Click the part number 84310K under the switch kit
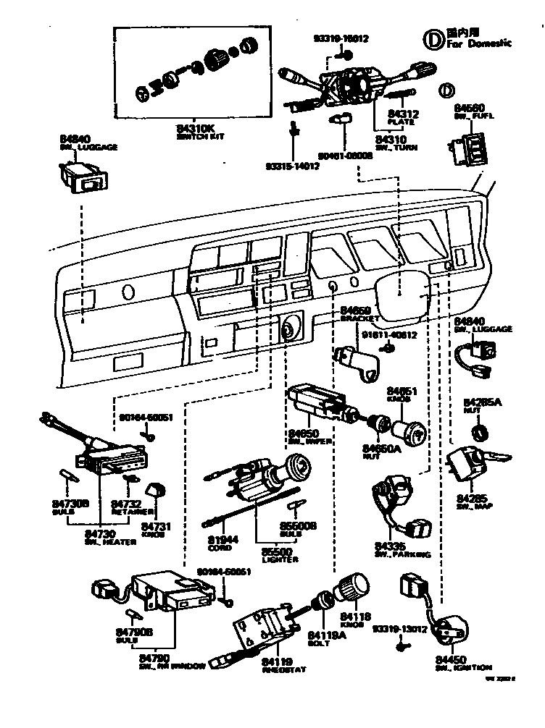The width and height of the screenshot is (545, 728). coord(196,129)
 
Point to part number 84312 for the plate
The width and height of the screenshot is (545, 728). coord(404,114)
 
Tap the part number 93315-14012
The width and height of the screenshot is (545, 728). coord(294,166)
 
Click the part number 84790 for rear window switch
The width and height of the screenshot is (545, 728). coord(154,658)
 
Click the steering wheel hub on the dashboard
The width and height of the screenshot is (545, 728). coord(414,292)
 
